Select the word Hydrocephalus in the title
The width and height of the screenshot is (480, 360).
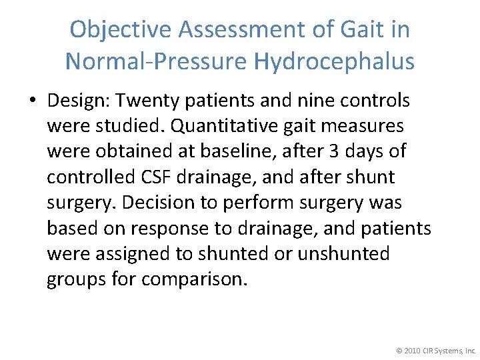334,62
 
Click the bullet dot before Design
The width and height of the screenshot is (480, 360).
33,101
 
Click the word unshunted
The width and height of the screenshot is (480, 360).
344,253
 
